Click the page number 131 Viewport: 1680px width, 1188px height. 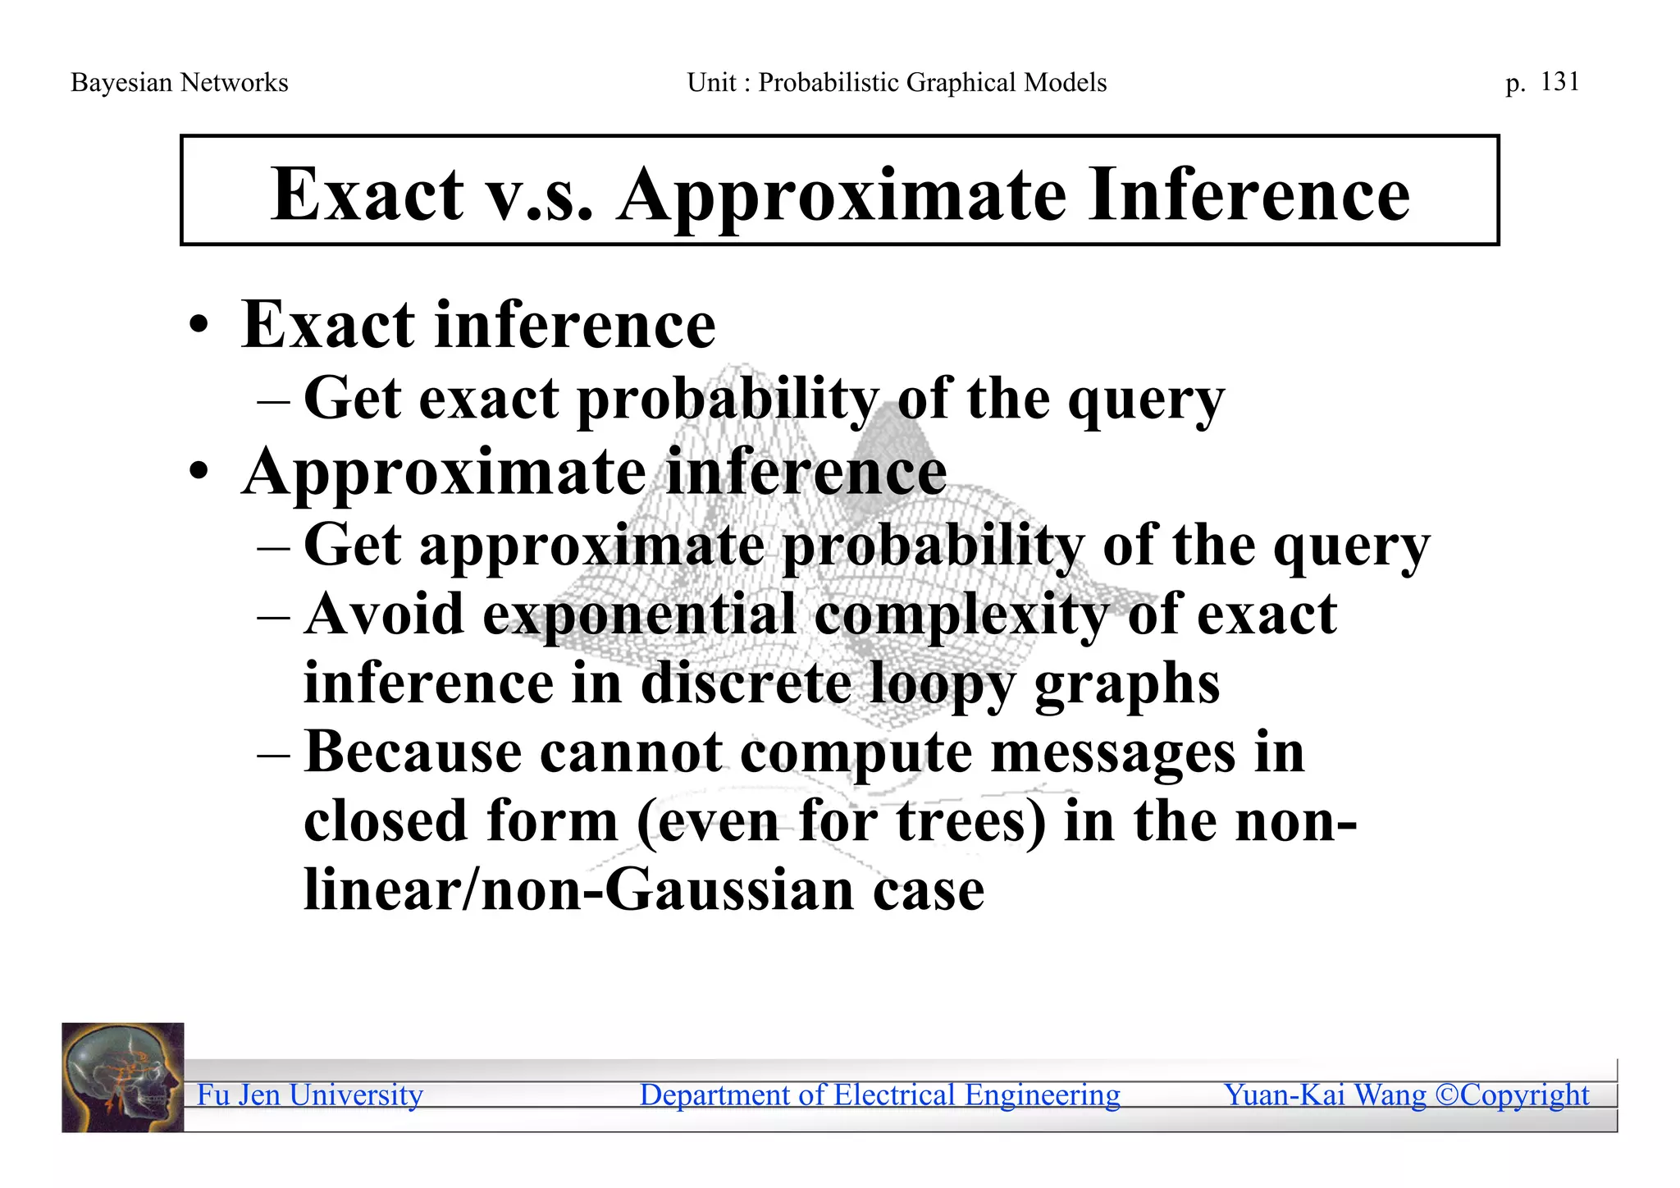[x=1559, y=81]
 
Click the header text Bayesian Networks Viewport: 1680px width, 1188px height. [x=179, y=82]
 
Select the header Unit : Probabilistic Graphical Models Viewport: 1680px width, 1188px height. [x=897, y=82]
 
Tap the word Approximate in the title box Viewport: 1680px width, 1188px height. [x=842, y=195]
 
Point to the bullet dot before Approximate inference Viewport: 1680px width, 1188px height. [x=199, y=473]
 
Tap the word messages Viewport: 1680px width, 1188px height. [x=1112, y=752]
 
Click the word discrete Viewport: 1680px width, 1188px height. [x=745, y=683]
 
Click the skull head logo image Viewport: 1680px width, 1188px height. [x=123, y=1077]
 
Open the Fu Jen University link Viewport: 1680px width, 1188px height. [x=309, y=1094]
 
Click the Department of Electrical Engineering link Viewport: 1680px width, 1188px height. [x=879, y=1094]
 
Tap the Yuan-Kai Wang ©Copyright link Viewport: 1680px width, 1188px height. [x=1406, y=1094]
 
